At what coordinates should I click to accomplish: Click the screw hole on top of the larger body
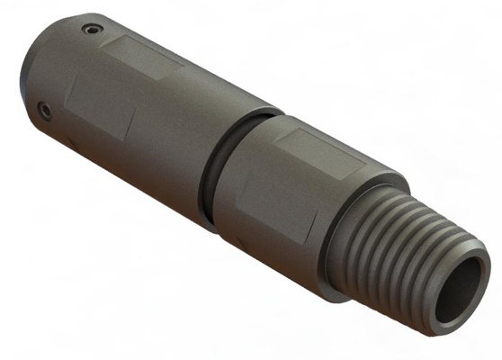[90, 29]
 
